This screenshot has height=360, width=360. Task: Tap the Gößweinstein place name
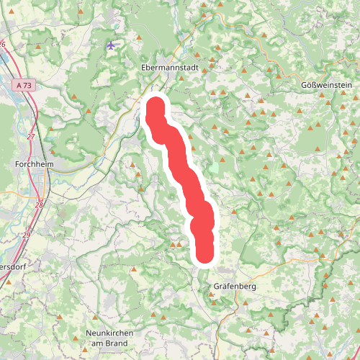[x=325, y=85]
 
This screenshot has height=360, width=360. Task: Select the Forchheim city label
[x=34, y=163]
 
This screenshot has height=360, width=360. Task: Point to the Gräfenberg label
[x=235, y=286]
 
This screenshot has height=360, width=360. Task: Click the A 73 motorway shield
[x=23, y=85]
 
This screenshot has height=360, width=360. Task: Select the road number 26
[x=3, y=45]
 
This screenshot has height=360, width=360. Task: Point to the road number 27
[x=30, y=136]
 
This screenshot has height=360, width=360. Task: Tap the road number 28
[x=38, y=205]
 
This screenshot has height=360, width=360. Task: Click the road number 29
[x=27, y=235]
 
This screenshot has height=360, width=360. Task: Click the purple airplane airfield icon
[x=110, y=45]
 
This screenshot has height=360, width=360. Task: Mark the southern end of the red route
[x=205, y=255]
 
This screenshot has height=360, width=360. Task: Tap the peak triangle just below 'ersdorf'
[x=9, y=282]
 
